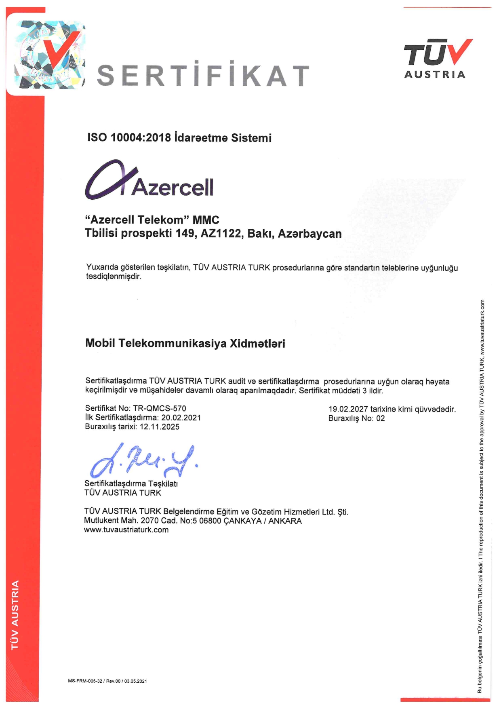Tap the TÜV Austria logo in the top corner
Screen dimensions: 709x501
pos(438,59)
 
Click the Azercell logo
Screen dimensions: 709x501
pos(149,181)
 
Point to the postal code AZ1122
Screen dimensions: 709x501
pos(221,234)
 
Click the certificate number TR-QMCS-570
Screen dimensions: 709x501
pos(160,408)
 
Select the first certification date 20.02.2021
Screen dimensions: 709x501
pos(181,418)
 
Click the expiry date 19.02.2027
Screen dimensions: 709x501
pos(348,409)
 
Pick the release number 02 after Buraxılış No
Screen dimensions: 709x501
pos(380,418)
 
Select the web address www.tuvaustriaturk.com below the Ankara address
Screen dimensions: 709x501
pos(126,530)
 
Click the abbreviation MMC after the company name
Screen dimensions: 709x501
pos(206,220)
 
